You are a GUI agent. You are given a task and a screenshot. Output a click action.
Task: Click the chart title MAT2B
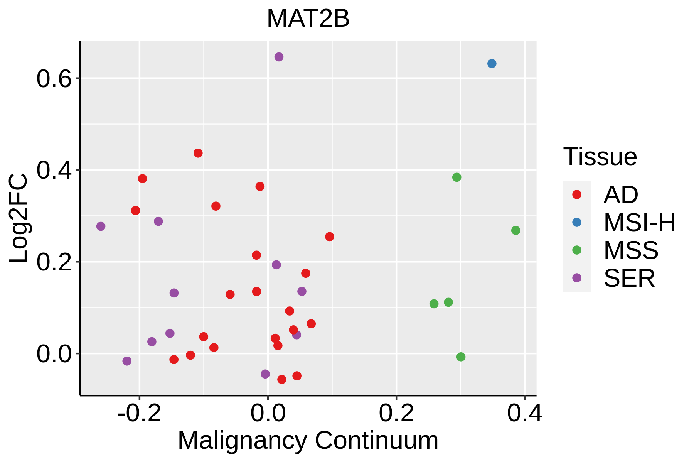point(308,19)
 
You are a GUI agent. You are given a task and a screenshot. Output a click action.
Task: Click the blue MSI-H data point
point(492,64)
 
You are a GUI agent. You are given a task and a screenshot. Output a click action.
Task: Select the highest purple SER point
point(279,57)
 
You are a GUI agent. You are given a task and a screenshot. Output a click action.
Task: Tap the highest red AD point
point(198,153)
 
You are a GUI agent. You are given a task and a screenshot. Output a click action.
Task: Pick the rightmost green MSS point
point(515,230)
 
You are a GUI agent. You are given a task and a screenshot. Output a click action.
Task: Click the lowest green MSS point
point(461,357)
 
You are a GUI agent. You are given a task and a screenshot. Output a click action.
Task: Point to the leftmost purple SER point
point(101,226)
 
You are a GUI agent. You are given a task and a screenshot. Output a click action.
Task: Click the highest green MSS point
point(457,177)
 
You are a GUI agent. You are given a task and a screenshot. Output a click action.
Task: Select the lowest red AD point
point(282,380)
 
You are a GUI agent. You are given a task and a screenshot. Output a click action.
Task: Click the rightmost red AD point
point(330,237)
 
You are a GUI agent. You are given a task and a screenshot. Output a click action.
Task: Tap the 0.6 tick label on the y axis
point(54,79)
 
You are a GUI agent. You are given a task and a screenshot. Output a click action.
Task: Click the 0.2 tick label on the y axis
point(54,262)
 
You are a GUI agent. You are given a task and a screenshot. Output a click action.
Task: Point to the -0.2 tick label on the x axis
point(139,413)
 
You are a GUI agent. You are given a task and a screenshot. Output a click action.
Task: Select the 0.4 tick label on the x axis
point(524,413)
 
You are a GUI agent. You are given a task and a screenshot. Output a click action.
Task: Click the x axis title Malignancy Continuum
point(308,441)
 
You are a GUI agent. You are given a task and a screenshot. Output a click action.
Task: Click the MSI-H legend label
point(640,223)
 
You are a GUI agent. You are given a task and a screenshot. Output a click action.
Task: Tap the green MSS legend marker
point(577,250)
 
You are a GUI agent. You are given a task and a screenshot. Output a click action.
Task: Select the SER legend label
point(629,278)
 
